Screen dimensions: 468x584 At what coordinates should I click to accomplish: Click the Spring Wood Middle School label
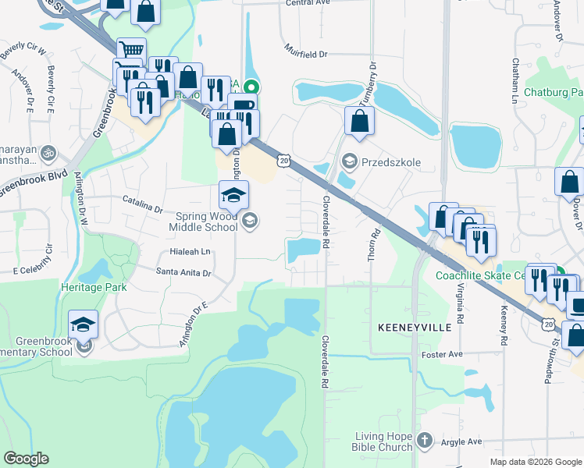[x=204, y=221]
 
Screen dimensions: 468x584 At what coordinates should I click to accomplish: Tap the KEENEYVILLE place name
[x=415, y=328]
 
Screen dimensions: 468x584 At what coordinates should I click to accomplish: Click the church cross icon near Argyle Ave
[x=424, y=441]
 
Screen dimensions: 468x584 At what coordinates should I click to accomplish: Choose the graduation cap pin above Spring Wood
[x=233, y=195]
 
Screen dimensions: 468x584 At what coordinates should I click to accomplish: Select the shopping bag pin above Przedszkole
[x=359, y=121]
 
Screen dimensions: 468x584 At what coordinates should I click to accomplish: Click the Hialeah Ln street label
[x=191, y=252]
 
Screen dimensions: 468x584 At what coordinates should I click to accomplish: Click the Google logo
[x=27, y=459]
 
